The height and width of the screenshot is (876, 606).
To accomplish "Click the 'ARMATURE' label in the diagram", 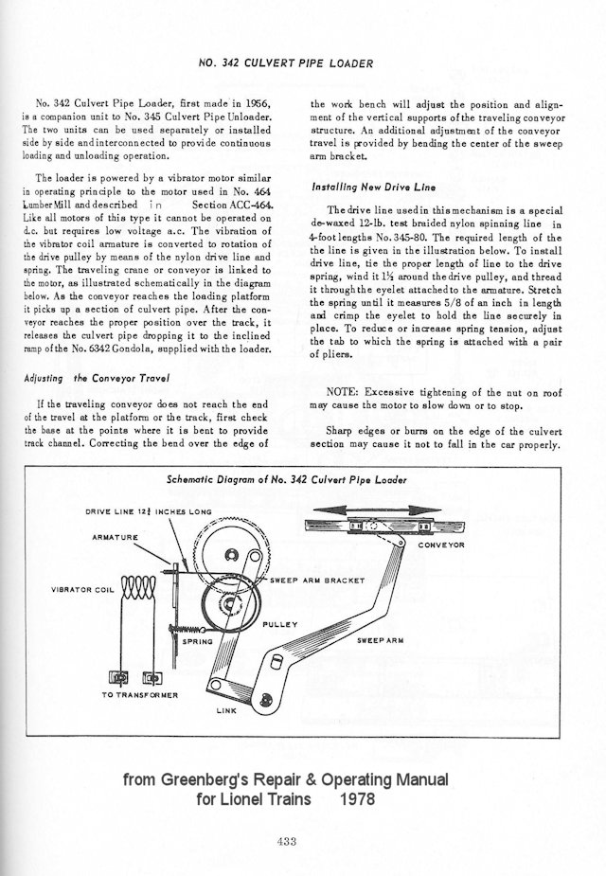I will [x=115, y=536].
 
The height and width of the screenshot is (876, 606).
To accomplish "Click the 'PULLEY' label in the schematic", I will [x=280, y=624].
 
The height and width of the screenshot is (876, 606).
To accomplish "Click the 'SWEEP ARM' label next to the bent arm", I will [x=382, y=641].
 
